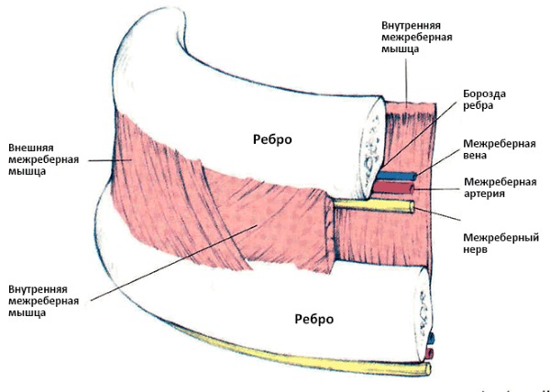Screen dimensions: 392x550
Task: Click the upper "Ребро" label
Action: click(x=272, y=138)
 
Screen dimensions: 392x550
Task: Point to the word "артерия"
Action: click(x=487, y=194)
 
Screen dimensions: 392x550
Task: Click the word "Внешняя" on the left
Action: click(x=30, y=147)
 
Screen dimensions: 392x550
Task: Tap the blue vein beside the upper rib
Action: click(x=401, y=175)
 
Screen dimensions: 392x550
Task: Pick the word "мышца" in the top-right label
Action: click(x=402, y=49)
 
